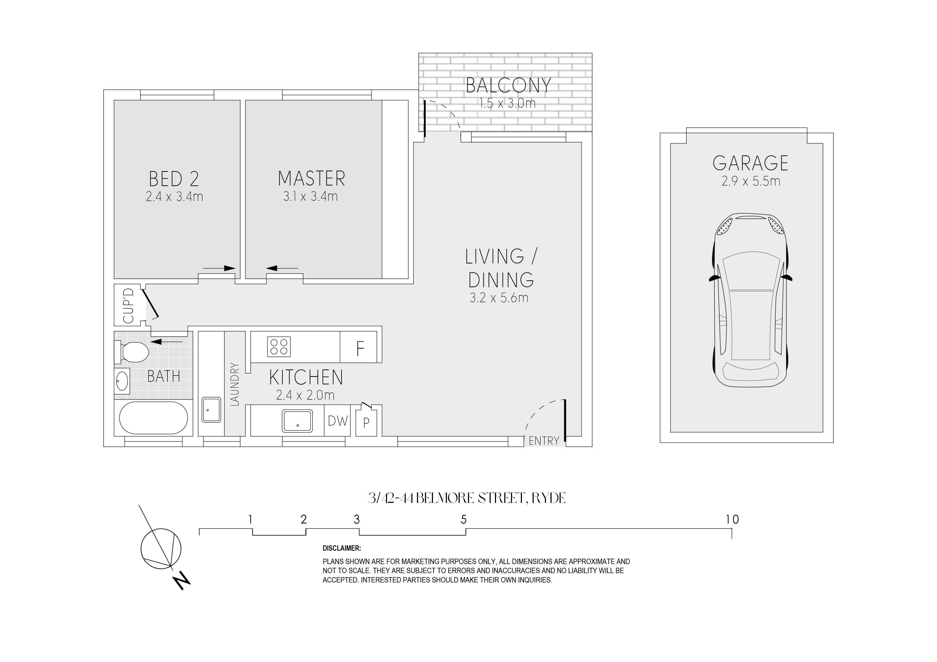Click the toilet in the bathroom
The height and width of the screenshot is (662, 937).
(131, 352)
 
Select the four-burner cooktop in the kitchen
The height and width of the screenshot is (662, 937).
(279, 347)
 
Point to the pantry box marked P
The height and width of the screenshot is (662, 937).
(366, 423)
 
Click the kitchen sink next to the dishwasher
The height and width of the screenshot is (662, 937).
(298, 421)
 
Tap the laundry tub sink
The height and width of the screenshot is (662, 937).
(211, 410)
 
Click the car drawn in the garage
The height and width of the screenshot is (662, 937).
(751, 300)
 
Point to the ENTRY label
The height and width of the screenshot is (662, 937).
(544, 441)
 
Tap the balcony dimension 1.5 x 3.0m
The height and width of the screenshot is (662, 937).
(507, 103)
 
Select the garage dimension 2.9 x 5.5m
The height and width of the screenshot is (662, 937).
(751, 181)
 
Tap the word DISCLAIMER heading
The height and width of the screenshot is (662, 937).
(342, 548)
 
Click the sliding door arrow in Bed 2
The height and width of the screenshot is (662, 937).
(219, 268)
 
